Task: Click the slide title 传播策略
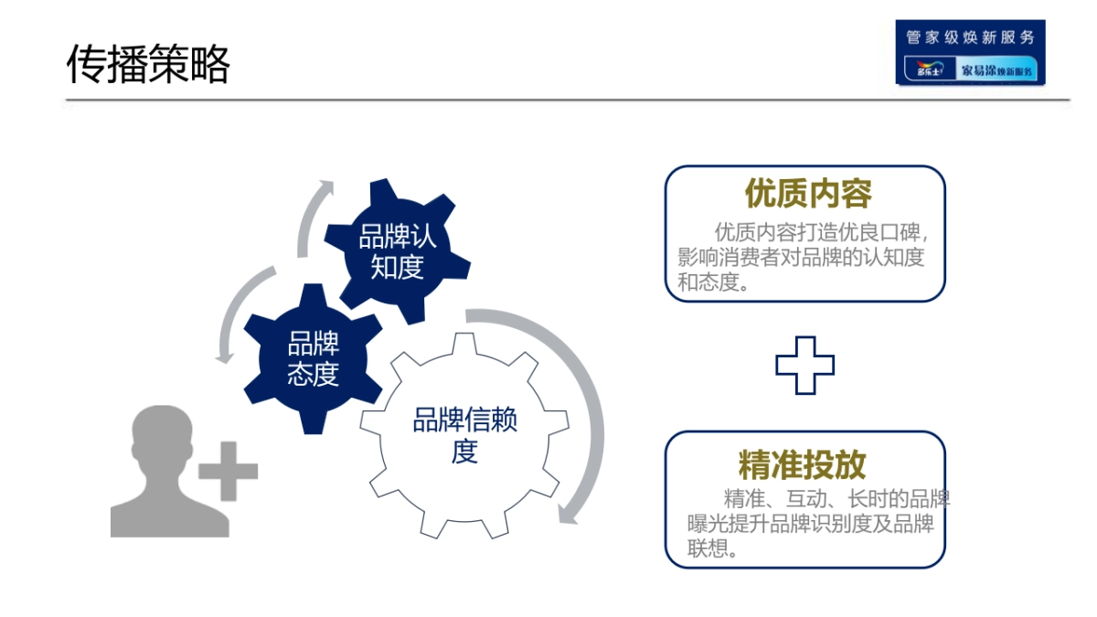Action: (148, 64)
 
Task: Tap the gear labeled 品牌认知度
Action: (397, 251)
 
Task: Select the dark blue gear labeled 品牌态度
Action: (314, 358)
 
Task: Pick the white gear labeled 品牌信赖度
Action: (464, 436)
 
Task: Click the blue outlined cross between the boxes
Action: (804, 366)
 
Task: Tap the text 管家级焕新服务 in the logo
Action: (970, 37)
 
